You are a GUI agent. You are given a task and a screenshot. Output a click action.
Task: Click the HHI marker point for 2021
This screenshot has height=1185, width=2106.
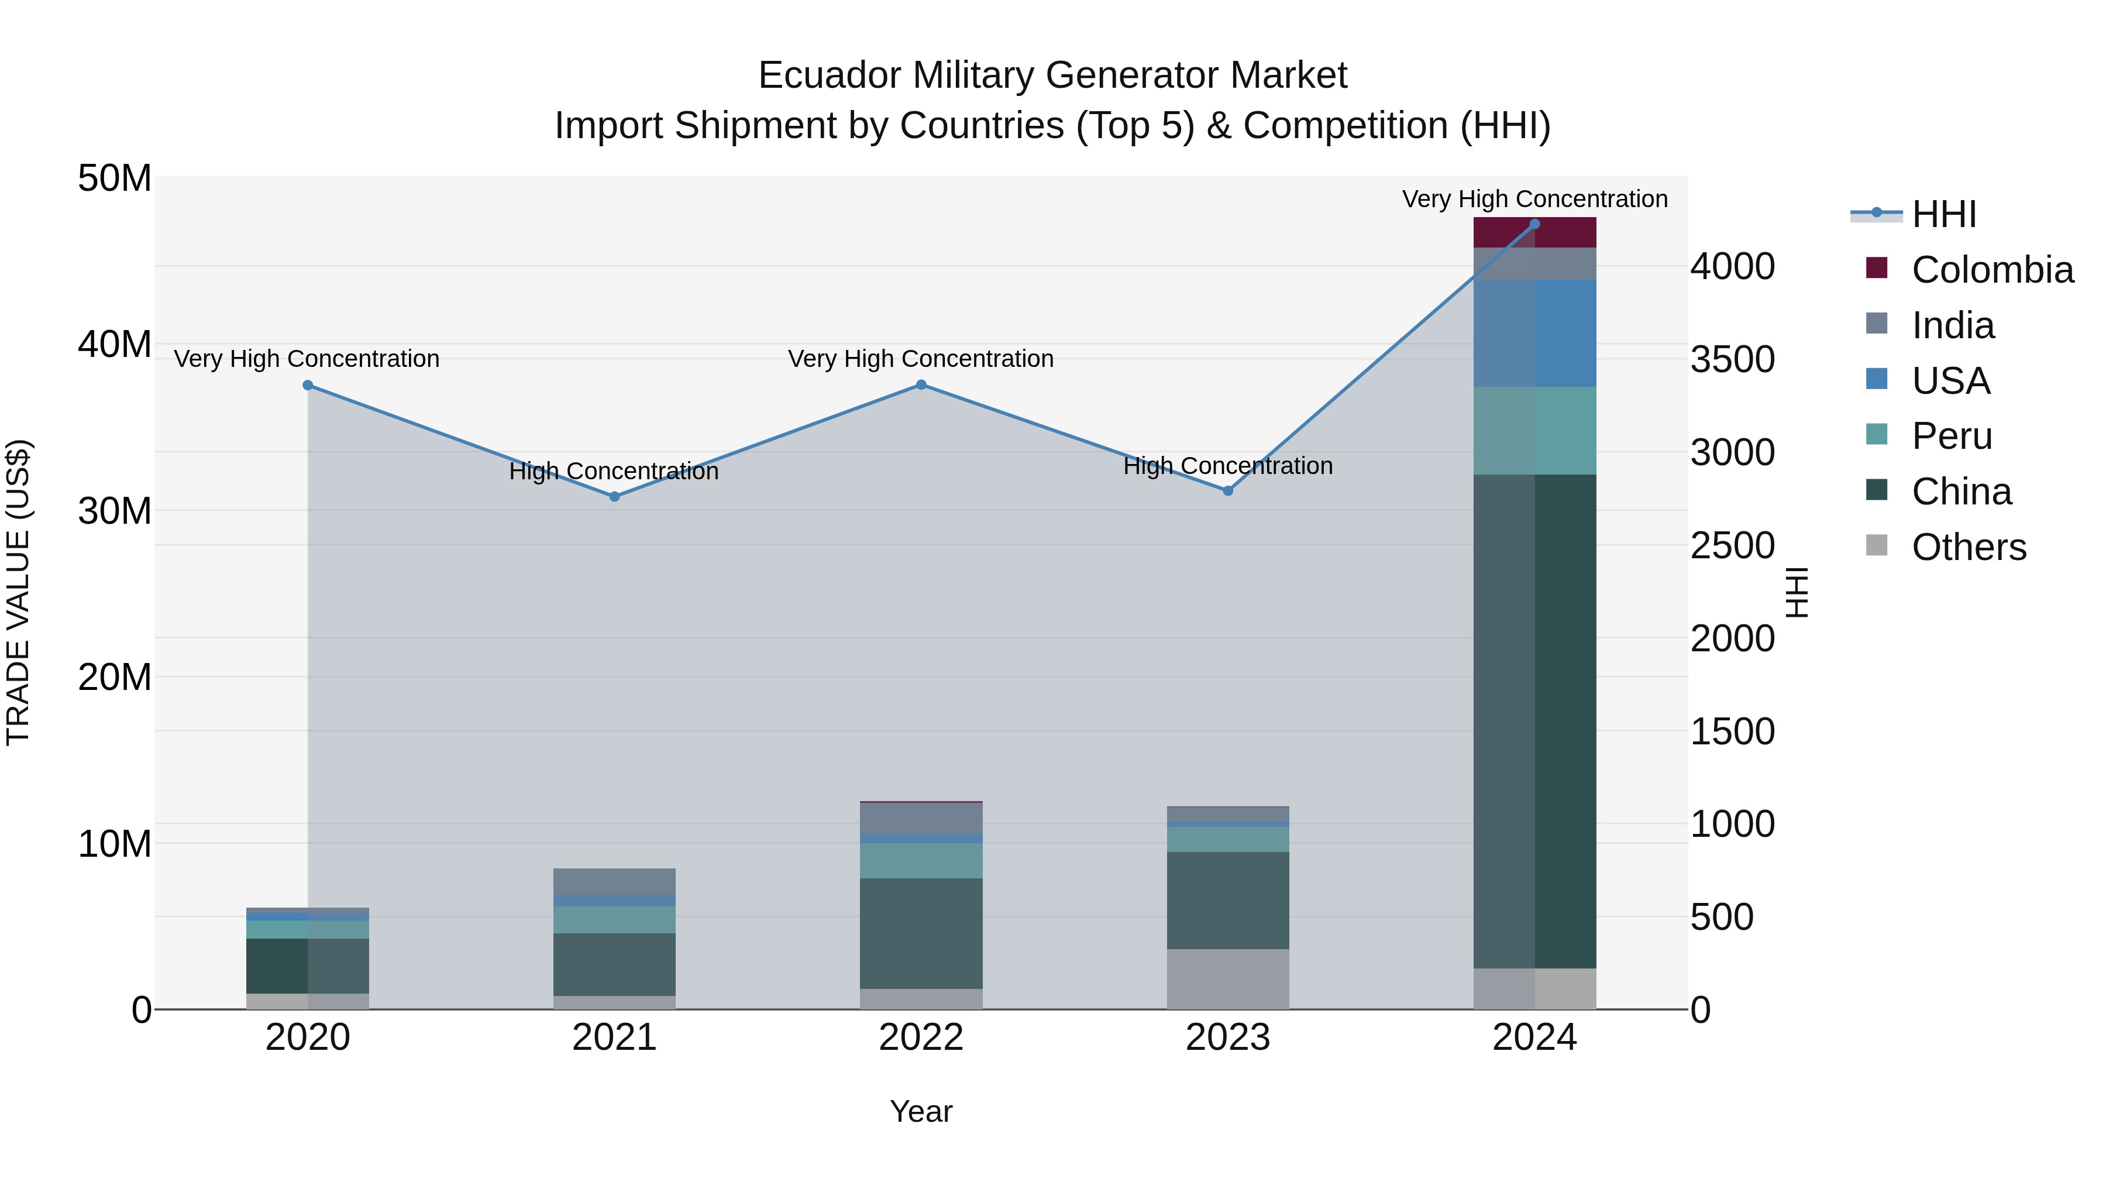615,496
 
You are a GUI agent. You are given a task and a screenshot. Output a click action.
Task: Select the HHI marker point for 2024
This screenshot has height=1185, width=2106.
1534,224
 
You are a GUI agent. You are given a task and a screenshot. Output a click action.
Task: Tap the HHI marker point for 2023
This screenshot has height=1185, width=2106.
1228,491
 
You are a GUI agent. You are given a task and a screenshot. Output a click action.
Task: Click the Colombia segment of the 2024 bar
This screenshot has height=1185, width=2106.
1534,233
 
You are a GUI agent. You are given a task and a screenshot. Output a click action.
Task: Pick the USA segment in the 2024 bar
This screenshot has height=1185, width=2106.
1534,333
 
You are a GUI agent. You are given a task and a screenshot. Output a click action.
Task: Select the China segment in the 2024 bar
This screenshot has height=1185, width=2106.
1534,720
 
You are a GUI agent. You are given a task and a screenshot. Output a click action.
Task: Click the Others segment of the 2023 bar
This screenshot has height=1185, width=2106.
1228,979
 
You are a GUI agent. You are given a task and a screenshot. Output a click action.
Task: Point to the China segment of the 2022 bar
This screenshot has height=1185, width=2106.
921,933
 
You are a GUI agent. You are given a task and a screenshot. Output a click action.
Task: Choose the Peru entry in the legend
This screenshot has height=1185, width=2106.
1952,436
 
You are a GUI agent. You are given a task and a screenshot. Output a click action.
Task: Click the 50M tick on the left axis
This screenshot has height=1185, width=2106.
115,178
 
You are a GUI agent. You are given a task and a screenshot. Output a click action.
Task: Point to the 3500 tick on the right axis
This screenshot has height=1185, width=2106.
1732,359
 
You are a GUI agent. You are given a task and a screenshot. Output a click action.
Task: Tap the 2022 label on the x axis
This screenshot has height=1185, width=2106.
921,1038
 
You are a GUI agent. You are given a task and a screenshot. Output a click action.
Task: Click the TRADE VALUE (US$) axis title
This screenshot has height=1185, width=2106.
19,592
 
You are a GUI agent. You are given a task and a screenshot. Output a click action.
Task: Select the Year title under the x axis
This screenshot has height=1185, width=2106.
921,1111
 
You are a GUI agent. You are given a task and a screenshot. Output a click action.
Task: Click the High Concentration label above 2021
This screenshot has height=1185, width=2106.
614,471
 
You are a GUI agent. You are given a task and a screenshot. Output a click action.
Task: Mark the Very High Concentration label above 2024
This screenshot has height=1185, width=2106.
1534,199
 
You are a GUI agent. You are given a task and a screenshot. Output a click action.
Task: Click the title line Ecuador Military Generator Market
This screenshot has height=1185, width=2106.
1052,75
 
